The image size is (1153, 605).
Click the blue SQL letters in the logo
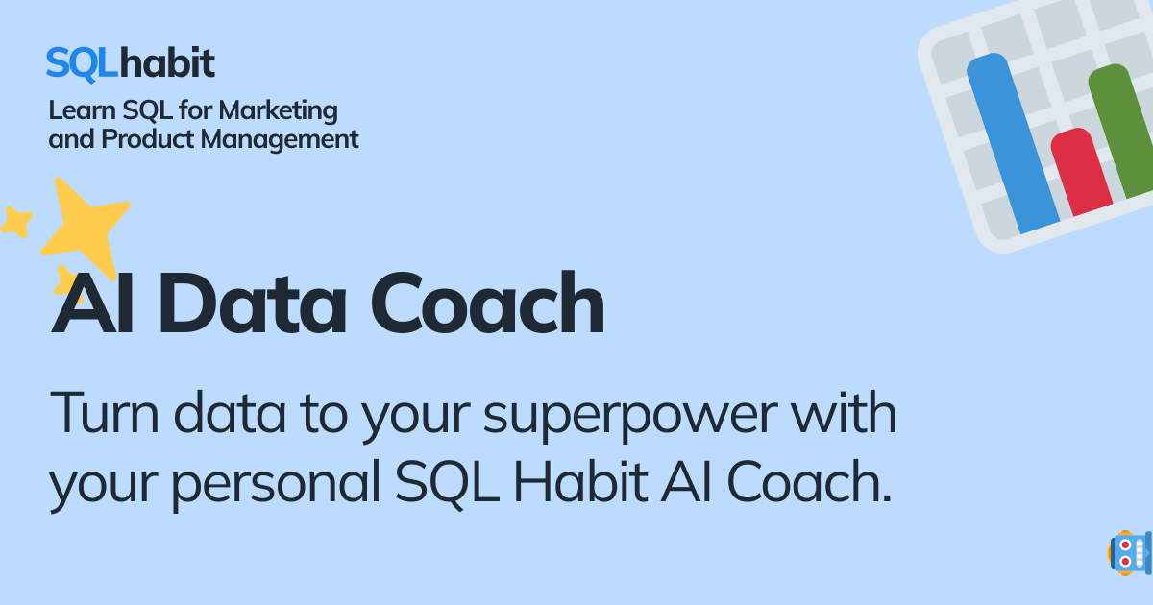[x=78, y=63]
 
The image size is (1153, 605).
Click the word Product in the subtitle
[x=149, y=139]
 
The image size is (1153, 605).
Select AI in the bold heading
[x=91, y=303]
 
